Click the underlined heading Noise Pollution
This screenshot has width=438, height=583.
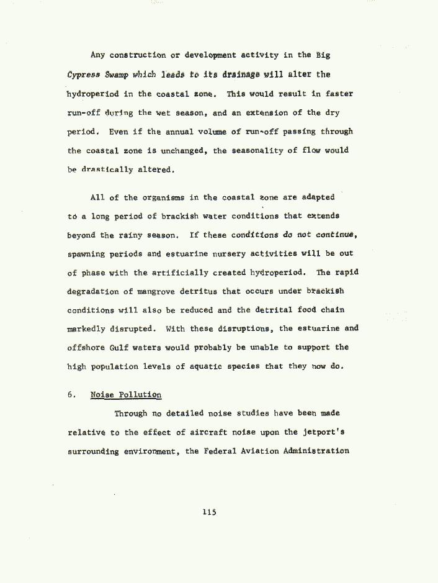click(126, 395)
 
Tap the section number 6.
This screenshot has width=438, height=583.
click(71, 395)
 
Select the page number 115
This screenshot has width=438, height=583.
click(209, 512)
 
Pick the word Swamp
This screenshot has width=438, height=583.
click(116, 75)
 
